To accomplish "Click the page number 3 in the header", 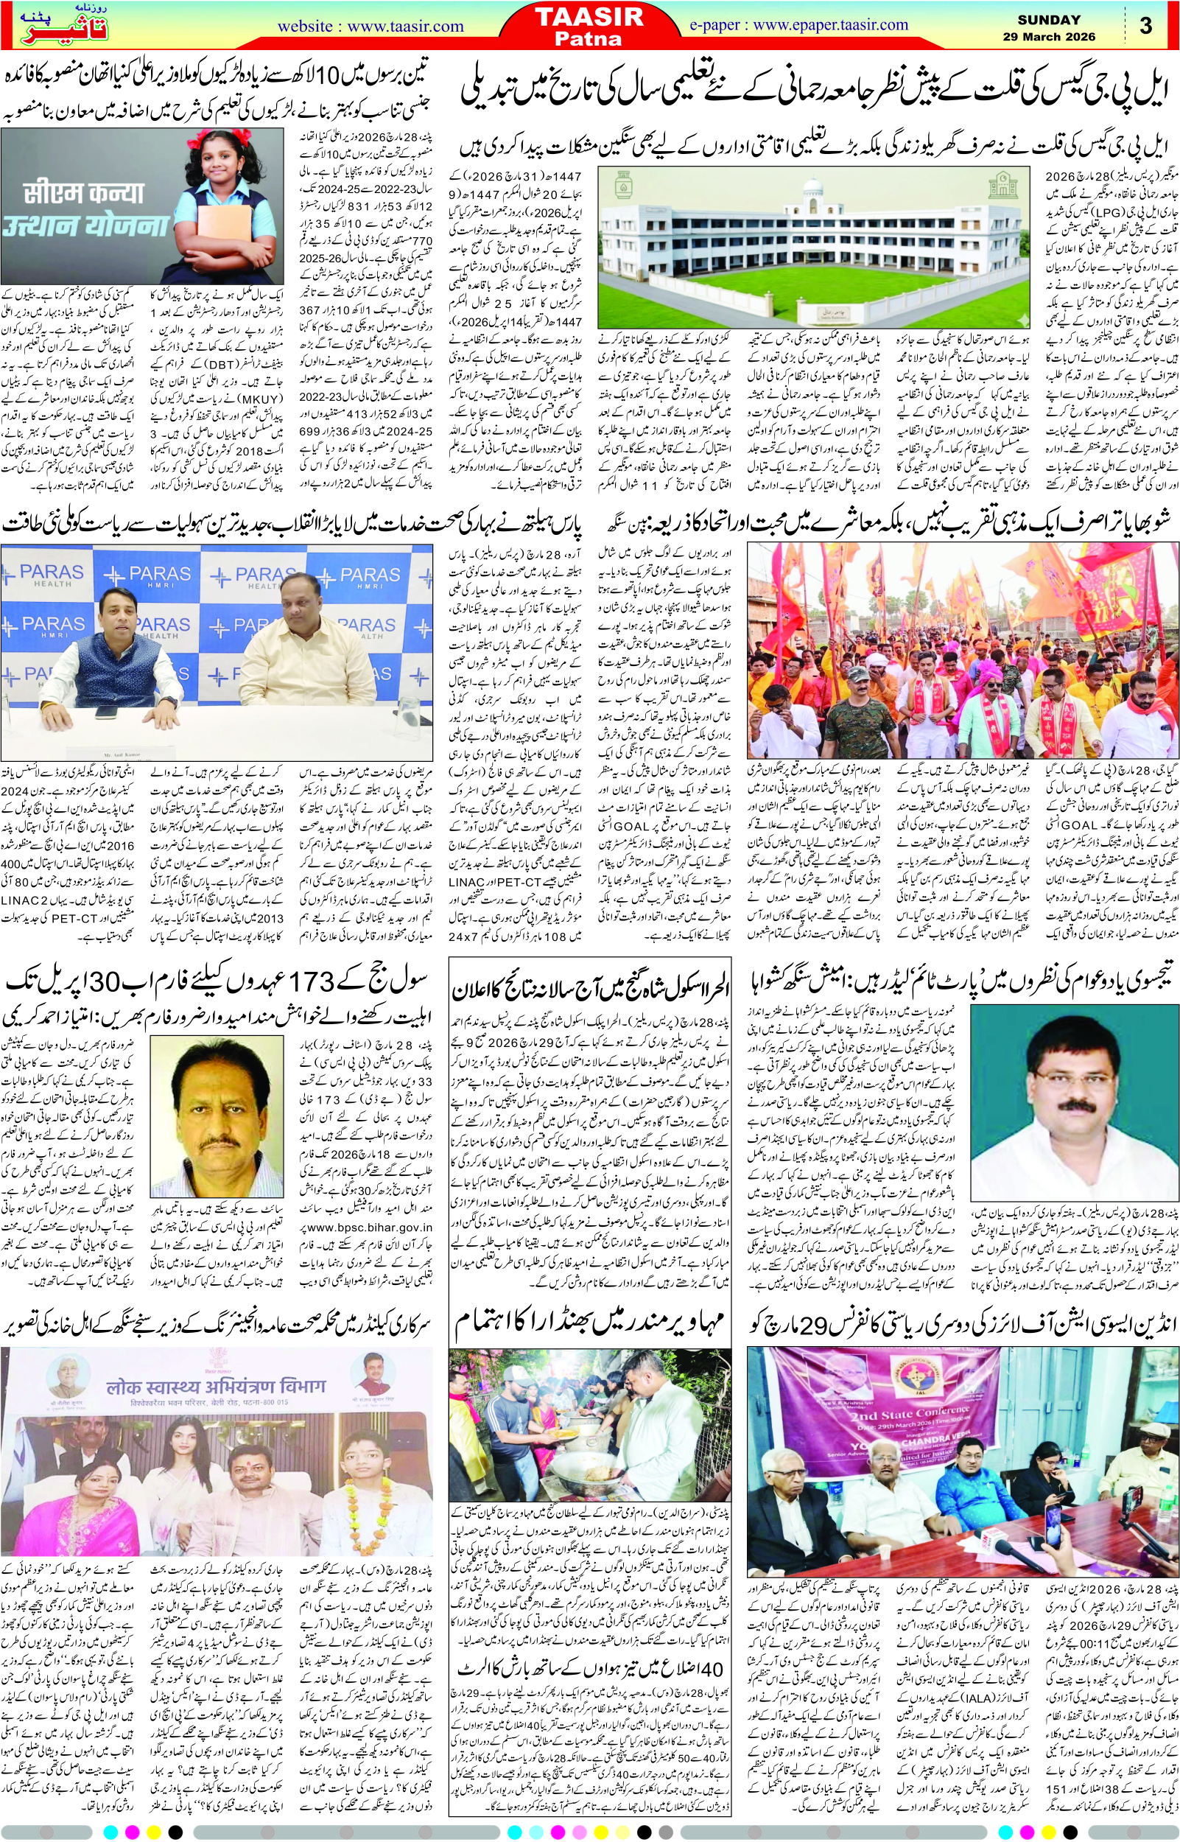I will (1145, 26).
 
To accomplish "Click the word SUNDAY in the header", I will (1049, 20).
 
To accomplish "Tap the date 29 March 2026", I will (1049, 36).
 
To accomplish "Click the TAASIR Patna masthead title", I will (589, 26).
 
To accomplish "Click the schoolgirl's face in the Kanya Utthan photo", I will (220, 160).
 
